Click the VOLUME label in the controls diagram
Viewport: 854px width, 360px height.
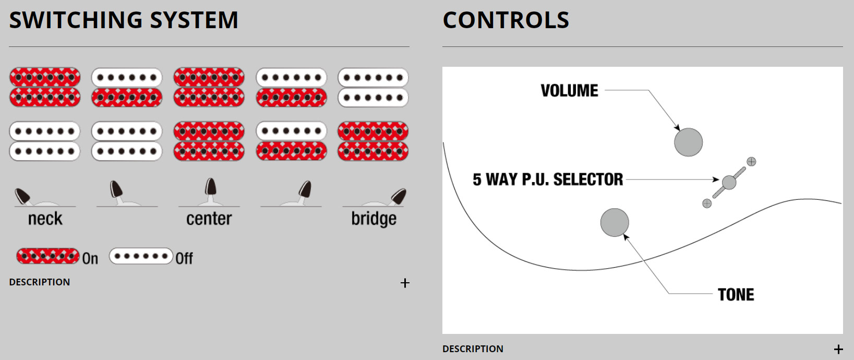(569, 91)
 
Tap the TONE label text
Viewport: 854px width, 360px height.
(736, 295)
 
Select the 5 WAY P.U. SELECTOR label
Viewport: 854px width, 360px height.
(547, 180)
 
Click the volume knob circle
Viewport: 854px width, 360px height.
(688, 142)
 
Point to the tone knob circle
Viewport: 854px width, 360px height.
(615, 223)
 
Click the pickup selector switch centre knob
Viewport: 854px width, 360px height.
(729, 182)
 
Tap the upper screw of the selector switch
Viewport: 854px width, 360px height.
(751, 162)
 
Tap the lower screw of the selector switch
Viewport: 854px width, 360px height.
(707, 203)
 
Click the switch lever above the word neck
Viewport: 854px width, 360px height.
(23, 196)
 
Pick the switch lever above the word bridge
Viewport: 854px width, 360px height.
(399, 196)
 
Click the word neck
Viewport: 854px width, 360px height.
(45, 219)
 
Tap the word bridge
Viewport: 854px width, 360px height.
(374, 219)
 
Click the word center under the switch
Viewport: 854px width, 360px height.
(209, 219)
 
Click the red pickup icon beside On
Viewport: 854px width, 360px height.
(48, 256)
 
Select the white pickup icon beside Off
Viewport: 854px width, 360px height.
(141, 256)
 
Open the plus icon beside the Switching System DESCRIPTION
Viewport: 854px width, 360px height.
(405, 283)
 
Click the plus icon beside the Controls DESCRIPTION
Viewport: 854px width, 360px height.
(838, 349)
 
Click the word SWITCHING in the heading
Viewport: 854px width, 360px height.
(76, 20)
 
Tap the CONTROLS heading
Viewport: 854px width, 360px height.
(506, 20)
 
